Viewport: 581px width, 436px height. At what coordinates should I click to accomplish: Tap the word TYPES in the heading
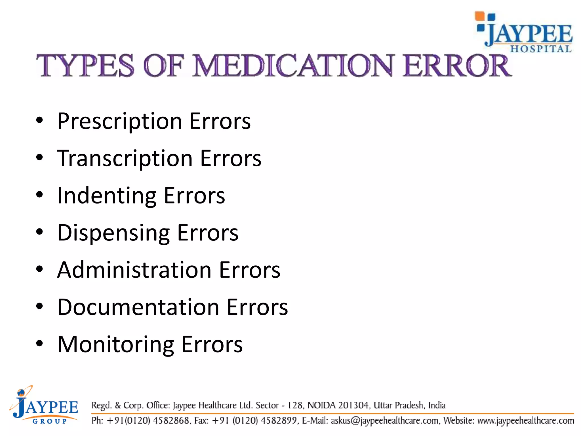[85, 66]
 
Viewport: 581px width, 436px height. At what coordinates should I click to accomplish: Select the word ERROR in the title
[457, 66]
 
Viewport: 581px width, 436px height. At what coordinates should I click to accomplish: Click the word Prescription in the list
[119, 121]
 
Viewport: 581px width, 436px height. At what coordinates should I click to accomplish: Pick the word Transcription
[125, 159]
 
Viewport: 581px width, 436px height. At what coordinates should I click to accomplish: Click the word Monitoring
[116, 344]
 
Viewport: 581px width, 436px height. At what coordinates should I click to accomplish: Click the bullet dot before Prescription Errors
[40, 120]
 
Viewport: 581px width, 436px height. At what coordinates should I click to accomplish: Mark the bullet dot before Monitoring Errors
[40, 343]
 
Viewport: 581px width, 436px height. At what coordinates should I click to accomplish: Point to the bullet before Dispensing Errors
[40, 232]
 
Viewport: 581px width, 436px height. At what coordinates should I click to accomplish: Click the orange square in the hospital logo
[480, 16]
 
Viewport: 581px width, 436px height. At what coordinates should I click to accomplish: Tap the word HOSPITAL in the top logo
[541, 49]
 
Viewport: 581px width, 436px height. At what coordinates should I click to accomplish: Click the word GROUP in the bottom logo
[50, 421]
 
